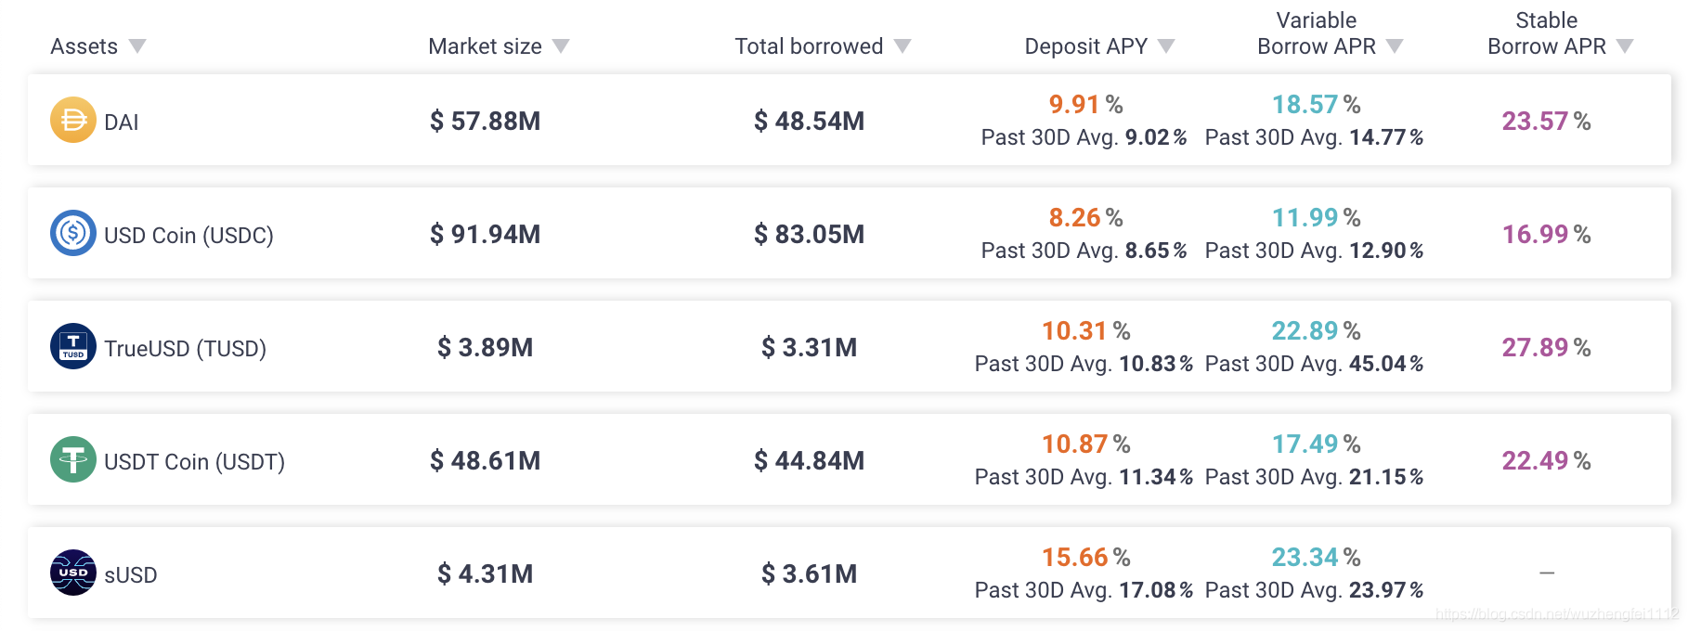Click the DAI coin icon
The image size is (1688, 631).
click(x=73, y=120)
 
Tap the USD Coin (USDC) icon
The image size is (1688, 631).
click(x=73, y=233)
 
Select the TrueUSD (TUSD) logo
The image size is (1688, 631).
click(x=73, y=346)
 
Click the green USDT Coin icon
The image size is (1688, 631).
click(x=73, y=459)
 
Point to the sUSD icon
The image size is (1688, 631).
click(x=73, y=573)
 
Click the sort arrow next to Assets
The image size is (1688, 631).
click(x=137, y=46)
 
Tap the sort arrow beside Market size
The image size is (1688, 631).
click(x=561, y=46)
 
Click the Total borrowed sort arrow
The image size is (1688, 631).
click(x=902, y=46)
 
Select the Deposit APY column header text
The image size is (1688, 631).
click(x=1086, y=46)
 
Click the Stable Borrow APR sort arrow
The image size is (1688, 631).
click(x=1625, y=46)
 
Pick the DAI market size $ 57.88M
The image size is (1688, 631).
click(x=485, y=121)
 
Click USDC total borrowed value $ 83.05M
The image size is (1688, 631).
click(x=809, y=234)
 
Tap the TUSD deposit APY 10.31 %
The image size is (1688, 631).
click(x=1085, y=330)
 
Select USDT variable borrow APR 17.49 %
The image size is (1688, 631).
click(x=1316, y=444)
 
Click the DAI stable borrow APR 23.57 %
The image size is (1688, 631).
click(x=1546, y=121)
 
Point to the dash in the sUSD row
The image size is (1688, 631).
click(x=1547, y=573)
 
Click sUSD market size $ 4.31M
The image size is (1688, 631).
click(x=485, y=573)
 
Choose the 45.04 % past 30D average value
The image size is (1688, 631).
click(x=1386, y=364)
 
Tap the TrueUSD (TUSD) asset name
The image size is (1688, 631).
click(x=185, y=348)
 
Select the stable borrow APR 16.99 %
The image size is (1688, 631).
click(x=1546, y=234)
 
